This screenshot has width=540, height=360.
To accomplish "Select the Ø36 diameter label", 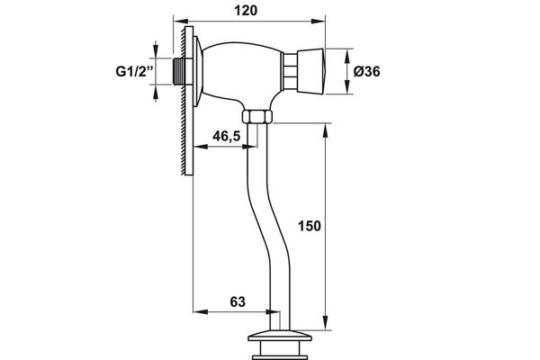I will click(373, 72).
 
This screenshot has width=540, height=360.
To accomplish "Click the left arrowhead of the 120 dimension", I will click(179, 18).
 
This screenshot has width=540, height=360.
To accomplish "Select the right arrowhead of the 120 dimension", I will click(321, 18).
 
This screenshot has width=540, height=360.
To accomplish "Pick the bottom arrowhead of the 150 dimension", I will click(325, 329).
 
